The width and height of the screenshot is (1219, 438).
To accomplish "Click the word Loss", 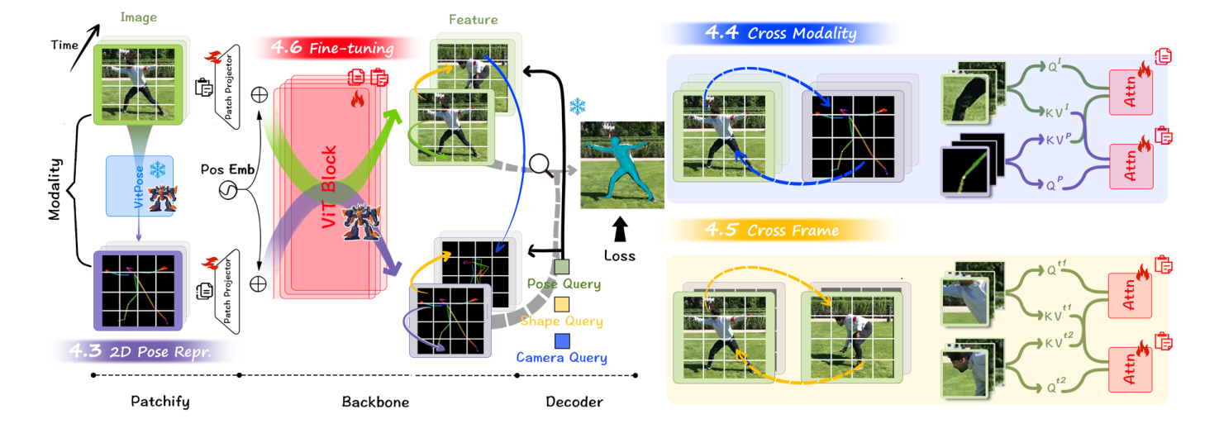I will (x=620, y=255).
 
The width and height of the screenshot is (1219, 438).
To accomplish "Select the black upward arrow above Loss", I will (x=620, y=227).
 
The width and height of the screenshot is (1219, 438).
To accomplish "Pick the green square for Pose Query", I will (x=562, y=267).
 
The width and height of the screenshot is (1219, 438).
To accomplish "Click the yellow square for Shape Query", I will (x=562, y=303).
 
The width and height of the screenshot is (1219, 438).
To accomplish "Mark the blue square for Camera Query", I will (x=562, y=340).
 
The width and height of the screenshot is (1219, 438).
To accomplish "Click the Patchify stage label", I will (x=160, y=402).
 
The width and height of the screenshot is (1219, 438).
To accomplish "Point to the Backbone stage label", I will (x=375, y=402).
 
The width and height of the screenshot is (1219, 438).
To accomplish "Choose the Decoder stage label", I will (x=574, y=402).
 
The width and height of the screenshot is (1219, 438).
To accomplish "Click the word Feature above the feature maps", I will (x=473, y=19).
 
